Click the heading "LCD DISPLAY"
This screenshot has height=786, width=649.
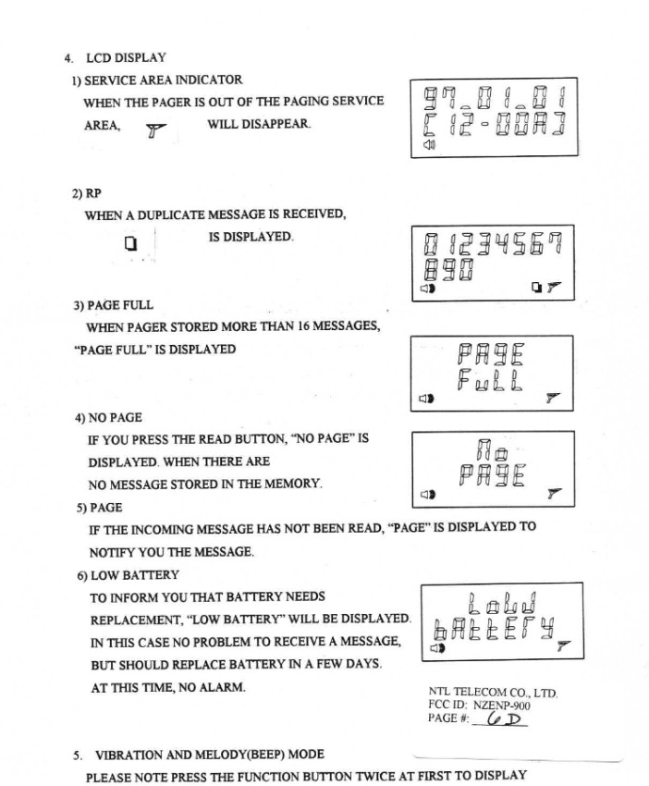[x=127, y=58]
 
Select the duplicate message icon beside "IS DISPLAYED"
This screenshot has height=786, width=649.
[x=130, y=244]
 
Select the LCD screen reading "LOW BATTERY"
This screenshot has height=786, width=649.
[x=501, y=620]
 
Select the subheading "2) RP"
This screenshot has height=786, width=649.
[x=87, y=193]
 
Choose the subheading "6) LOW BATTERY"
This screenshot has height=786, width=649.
[x=128, y=574]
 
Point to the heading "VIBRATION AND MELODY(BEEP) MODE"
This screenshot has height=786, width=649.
[x=209, y=755]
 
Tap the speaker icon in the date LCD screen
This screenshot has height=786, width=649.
[x=428, y=146]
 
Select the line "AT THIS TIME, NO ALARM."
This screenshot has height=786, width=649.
[x=167, y=687]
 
